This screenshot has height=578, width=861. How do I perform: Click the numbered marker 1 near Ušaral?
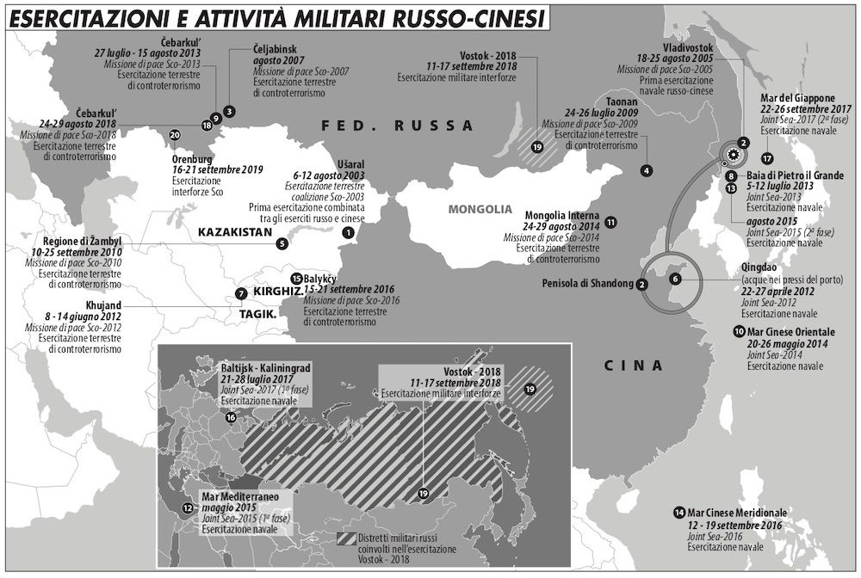click(x=348, y=232)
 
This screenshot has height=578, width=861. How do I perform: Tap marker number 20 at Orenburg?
click(x=175, y=135)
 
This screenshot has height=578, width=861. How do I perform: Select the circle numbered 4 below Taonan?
click(x=646, y=171)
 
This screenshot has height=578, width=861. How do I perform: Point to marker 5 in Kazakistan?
click(x=282, y=243)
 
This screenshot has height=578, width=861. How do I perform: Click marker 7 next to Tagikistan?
click(x=240, y=294)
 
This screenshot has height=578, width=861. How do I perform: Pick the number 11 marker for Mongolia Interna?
click(x=610, y=222)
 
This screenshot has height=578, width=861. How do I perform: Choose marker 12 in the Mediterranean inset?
click(x=188, y=508)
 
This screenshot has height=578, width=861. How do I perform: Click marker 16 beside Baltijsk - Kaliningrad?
click(x=230, y=418)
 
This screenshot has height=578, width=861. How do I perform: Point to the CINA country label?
click(x=634, y=365)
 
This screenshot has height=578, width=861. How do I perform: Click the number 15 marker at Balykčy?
click(x=297, y=279)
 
